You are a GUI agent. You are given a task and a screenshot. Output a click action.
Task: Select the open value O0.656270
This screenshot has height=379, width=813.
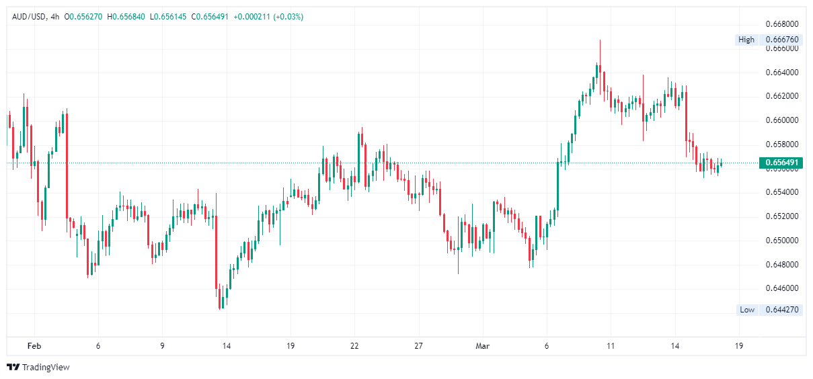point(83,17)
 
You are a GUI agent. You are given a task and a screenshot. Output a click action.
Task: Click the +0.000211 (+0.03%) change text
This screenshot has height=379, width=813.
point(268,17)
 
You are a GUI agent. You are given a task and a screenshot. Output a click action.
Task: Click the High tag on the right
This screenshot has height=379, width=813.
point(746,40)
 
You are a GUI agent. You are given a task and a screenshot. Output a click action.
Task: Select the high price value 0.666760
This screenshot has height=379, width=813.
point(782,40)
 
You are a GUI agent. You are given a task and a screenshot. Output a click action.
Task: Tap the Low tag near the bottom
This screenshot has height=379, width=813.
point(747,310)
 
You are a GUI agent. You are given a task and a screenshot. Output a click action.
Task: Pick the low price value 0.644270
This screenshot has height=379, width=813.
point(782,310)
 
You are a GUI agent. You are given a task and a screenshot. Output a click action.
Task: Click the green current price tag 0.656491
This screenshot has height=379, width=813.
point(781,163)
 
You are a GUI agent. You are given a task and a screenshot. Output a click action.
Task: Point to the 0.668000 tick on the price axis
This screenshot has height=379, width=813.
point(782,24)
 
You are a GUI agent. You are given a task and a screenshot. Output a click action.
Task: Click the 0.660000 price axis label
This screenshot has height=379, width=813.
point(782,120)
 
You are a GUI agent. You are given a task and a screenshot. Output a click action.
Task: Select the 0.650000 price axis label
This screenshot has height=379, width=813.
point(782,241)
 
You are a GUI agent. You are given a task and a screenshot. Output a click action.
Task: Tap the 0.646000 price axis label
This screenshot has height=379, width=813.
point(782,288)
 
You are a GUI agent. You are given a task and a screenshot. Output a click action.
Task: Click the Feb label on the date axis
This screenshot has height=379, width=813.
point(34,346)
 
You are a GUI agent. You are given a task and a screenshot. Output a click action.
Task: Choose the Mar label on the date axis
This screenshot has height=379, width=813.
point(483,346)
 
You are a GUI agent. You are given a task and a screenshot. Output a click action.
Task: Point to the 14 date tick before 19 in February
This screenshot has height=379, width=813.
point(226,346)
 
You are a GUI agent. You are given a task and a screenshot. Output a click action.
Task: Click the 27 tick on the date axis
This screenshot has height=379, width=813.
point(418,346)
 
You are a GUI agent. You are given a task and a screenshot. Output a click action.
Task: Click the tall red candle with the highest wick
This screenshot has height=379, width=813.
point(601,67)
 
